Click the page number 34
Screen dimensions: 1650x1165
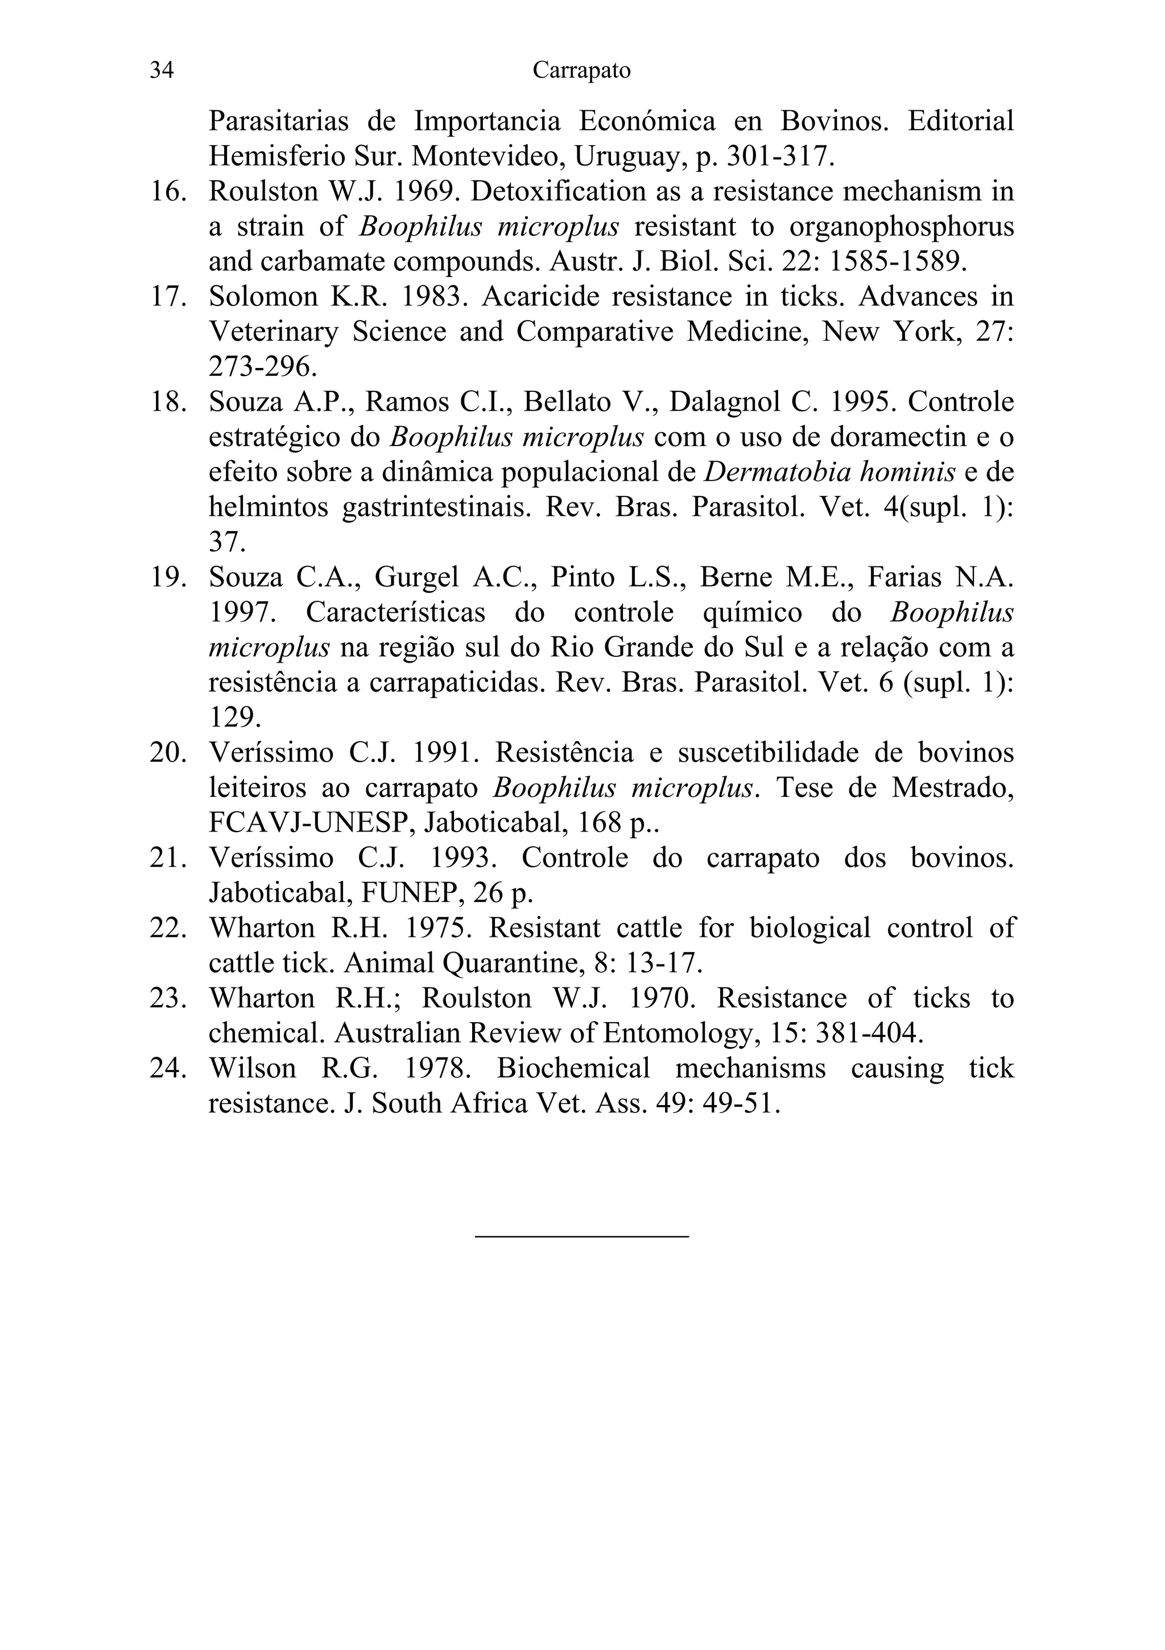[x=162, y=71]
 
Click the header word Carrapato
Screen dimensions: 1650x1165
[x=581, y=71]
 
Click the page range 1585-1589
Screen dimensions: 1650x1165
[x=898, y=262]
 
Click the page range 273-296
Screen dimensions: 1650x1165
[x=262, y=367]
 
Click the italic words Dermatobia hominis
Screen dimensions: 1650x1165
[x=829, y=472]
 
